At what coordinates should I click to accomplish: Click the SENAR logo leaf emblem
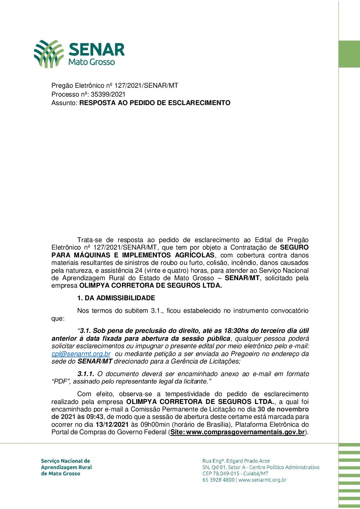point(48,53)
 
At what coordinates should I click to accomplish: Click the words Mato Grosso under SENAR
point(92,62)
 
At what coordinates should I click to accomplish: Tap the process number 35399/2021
point(108,94)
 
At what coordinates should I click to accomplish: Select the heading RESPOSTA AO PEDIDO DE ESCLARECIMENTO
point(155,103)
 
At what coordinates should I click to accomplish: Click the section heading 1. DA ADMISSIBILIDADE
point(116,298)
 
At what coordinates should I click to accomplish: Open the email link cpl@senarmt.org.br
point(81,354)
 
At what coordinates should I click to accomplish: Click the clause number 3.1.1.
point(86,374)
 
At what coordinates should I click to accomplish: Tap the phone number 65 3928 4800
point(218,480)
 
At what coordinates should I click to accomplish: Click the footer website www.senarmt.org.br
point(262,480)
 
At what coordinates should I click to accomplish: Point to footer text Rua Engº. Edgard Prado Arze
point(236,461)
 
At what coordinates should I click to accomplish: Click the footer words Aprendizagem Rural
point(66,467)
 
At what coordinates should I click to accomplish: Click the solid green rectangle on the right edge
point(349,54)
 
